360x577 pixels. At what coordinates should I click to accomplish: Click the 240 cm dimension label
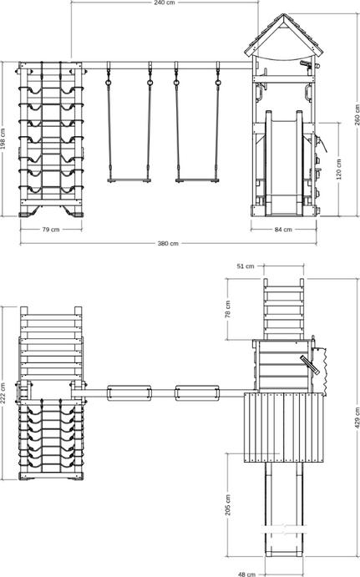click(165, 3)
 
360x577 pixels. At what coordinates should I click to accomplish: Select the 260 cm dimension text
click(357, 114)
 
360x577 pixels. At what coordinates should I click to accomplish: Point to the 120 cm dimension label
click(338, 170)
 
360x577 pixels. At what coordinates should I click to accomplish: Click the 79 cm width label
click(51, 230)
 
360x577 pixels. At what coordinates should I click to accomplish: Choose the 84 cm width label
click(283, 230)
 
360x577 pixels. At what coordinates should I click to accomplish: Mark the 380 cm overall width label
click(168, 243)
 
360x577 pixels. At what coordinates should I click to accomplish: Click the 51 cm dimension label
click(246, 266)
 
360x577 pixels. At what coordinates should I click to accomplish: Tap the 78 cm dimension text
click(228, 309)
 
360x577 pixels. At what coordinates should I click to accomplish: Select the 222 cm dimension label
click(3, 393)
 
